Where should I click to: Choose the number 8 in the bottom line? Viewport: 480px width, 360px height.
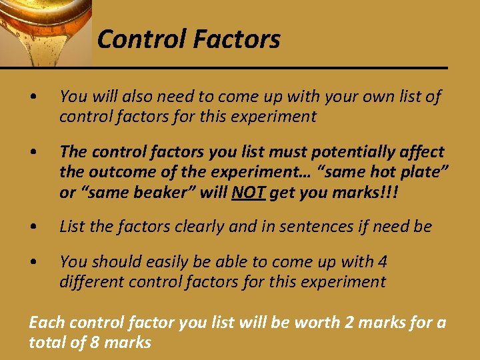(98, 343)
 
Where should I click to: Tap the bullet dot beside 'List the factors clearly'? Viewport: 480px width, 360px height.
(33, 227)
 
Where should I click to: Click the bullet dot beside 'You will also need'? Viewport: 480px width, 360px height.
(33, 97)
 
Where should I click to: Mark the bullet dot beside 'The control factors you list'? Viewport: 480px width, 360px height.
(33, 153)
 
